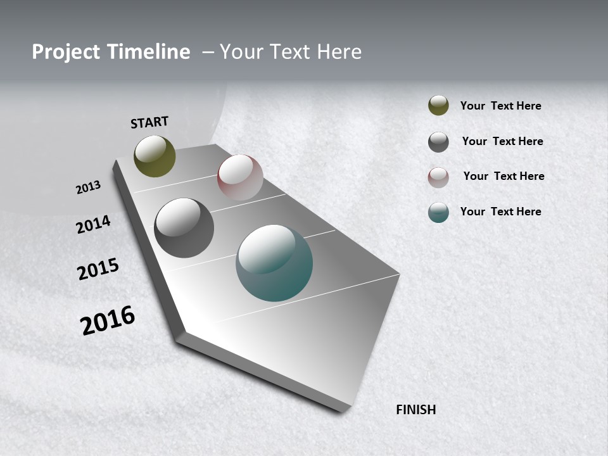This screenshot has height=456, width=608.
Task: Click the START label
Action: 149,122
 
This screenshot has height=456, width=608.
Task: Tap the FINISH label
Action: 416,410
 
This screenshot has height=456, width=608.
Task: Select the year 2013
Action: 88,187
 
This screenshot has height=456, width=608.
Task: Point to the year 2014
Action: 93,224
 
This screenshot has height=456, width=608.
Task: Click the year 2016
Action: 108,320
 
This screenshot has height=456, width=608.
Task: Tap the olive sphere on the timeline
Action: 155,156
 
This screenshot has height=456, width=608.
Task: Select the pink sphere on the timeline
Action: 240,177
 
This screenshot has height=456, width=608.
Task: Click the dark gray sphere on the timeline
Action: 184,228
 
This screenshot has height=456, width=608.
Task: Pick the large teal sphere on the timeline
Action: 274,263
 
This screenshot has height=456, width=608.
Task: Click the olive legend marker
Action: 438,105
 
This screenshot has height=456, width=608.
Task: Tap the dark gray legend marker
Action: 438,142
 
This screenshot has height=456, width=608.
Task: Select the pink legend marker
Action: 438,177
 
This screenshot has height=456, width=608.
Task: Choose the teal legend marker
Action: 438,212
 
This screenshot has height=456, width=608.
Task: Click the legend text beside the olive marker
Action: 500,106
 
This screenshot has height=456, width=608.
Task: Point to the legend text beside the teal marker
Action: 500,212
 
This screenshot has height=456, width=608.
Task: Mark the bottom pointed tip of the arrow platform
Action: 346,409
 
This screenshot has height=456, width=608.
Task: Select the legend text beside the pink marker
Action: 503,176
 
